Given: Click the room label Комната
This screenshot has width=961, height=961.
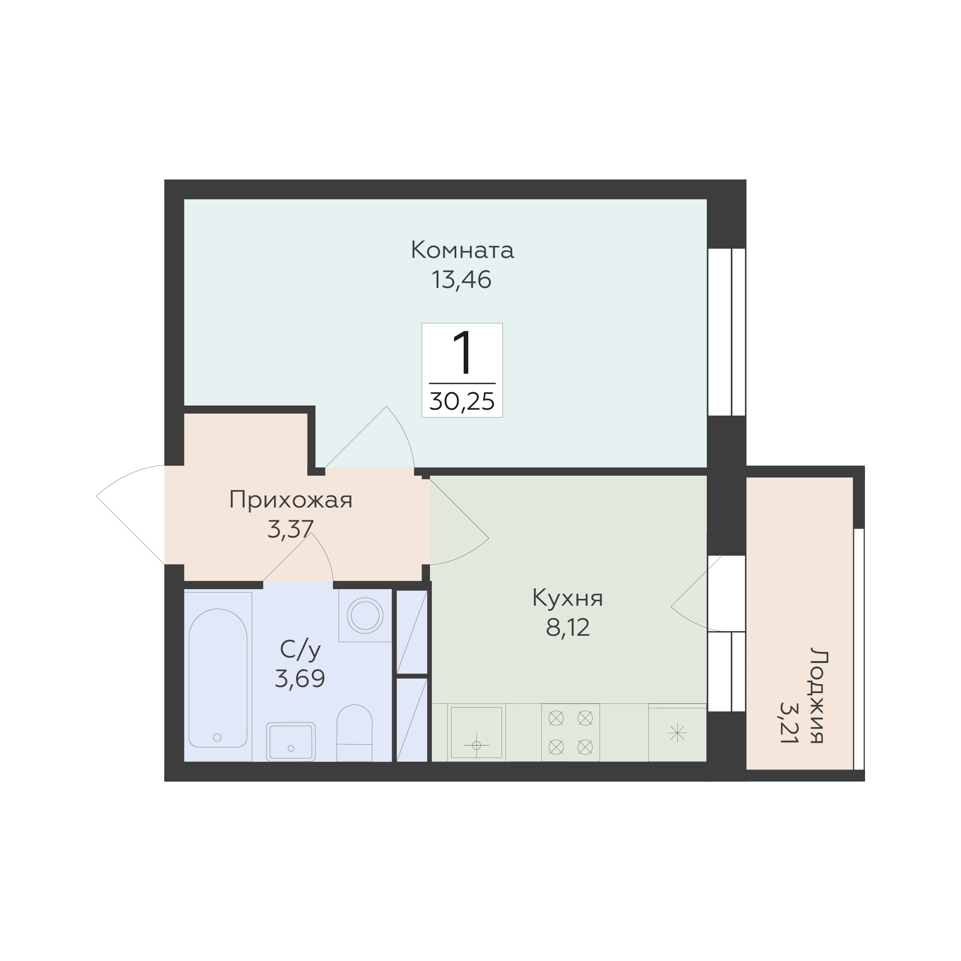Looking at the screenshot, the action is (x=462, y=250).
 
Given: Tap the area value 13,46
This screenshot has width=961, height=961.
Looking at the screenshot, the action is (x=462, y=280).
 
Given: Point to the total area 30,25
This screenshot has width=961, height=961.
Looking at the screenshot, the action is (x=462, y=401).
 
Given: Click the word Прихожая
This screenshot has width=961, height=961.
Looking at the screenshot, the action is (x=291, y=500).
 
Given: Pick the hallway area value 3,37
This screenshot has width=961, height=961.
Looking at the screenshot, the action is (x=291, y=529).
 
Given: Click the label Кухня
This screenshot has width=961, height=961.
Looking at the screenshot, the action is (x=567, y=598).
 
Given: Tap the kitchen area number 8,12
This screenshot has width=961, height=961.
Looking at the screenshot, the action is (x=567, y=628).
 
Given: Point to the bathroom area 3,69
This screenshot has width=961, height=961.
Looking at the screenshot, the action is (x=300, y=678).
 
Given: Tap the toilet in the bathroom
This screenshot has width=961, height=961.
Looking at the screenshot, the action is (x=354, y=733).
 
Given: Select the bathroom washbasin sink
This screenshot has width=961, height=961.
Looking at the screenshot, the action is (x=291, y=742).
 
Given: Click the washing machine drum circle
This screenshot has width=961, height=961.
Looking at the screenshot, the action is (x=365, y=616).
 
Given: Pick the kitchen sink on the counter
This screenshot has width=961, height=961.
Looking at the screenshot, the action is (x=477, y=733).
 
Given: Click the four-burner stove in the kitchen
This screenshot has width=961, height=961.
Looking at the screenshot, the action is (x=571, y=732).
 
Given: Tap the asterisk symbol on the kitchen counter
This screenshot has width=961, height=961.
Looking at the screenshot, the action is (x=677, y=733).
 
